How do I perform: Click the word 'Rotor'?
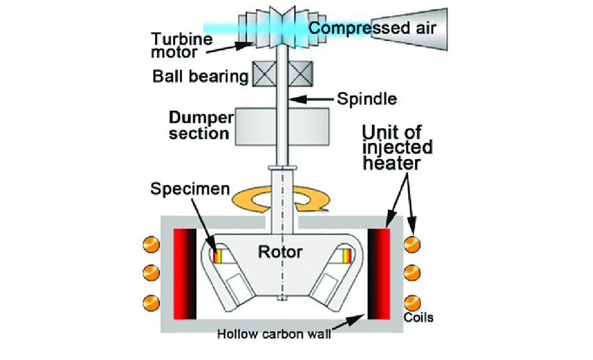280,252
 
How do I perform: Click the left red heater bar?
184,272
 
